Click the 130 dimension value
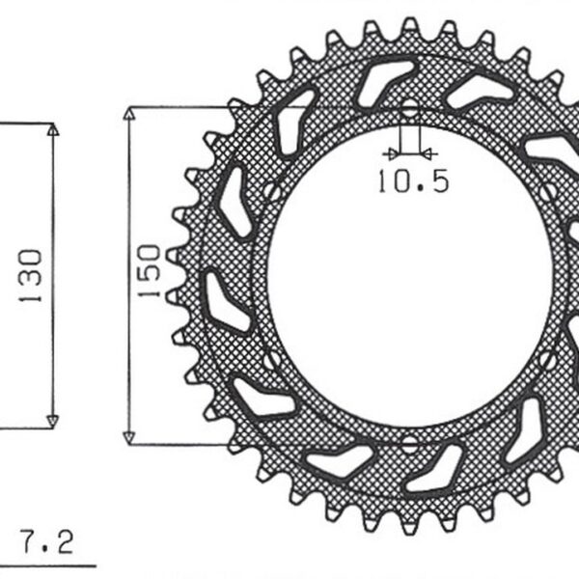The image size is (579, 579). tap(31, 276)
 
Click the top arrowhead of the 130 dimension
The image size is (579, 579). tap(53, 129)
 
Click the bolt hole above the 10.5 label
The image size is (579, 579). tap(409, 107)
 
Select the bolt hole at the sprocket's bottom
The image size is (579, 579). tap(409, 445)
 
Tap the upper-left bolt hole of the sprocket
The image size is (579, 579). tap(273, 191)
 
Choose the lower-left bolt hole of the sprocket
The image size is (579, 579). tap(273, 361)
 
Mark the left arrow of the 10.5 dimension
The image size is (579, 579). tap(390, 152)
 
